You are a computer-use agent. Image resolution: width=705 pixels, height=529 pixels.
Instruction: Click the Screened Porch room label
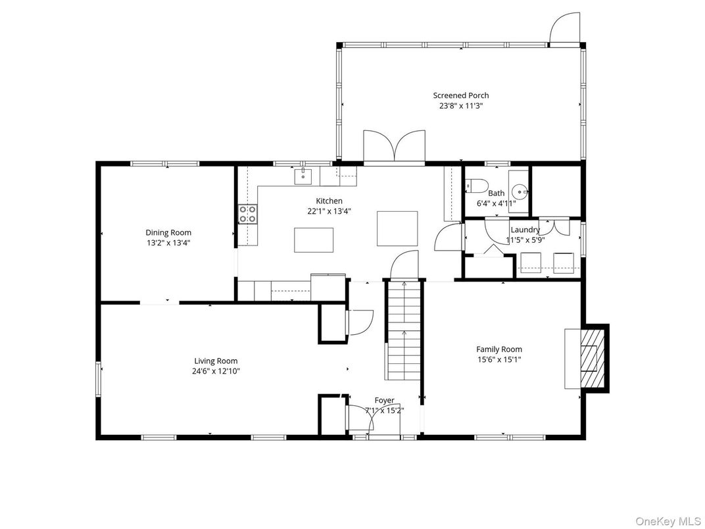pos(461,95)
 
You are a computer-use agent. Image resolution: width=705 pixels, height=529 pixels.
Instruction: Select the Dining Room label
pos(168,232)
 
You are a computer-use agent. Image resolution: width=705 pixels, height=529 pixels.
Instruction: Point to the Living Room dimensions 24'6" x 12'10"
pos(216,371)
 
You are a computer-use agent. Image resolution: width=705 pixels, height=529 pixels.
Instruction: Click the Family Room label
pos(499,349)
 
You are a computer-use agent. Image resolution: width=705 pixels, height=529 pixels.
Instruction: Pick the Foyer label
pos(385,400)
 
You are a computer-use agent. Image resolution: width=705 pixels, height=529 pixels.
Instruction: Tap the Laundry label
pos(525,230)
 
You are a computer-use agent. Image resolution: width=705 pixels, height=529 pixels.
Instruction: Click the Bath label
pos(497,193)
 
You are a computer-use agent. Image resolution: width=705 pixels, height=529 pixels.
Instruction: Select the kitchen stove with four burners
pos(247,214)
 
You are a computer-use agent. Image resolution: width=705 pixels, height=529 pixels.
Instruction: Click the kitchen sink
pos(303,176)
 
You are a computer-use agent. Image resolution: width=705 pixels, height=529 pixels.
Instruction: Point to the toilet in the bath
pos(477,186)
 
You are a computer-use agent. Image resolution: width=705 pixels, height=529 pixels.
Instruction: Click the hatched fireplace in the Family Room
pos(592,358)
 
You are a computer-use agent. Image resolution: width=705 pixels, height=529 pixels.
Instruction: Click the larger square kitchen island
pos(397,228)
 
